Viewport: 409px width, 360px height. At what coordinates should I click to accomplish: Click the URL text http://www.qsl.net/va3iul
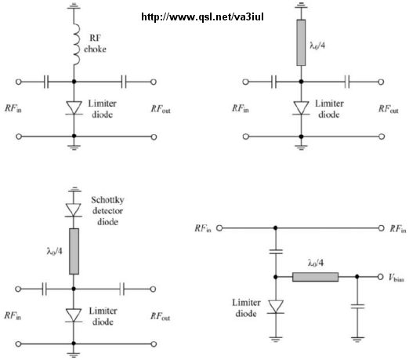pos(202,17)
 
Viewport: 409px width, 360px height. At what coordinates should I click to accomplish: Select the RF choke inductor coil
pos(76,45)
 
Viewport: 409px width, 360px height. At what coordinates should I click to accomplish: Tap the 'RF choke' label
pos(95,43)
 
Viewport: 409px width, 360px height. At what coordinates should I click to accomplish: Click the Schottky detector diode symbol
pos(74,209)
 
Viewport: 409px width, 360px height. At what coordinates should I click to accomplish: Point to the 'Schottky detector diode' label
pos(107,211)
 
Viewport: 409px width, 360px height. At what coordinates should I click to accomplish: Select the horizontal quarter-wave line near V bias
pos(316,277)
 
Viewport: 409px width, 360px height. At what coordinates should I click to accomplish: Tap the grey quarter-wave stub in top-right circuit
pos(301,42)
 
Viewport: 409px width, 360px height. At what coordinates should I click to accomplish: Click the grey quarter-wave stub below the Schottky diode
pos(74,251)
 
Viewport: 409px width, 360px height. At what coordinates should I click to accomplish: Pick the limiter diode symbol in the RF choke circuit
pos(74,107)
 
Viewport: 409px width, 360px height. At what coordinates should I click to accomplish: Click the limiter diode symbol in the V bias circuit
pos(276,307)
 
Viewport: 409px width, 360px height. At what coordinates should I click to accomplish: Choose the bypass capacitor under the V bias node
pos(357,306)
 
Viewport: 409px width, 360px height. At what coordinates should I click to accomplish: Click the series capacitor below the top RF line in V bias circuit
pos(276,252)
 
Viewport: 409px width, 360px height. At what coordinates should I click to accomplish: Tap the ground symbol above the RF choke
pos(74,5)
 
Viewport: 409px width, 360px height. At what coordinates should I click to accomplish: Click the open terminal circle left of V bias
pos(381,277)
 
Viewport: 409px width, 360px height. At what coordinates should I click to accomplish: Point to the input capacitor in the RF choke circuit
pos(46,82)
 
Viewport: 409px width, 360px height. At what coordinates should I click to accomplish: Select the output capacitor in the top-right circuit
pos(347,82)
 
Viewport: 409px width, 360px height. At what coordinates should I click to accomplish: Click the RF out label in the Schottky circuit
pos(160,317)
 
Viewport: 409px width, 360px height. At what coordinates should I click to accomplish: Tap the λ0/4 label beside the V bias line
pos(316,263)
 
